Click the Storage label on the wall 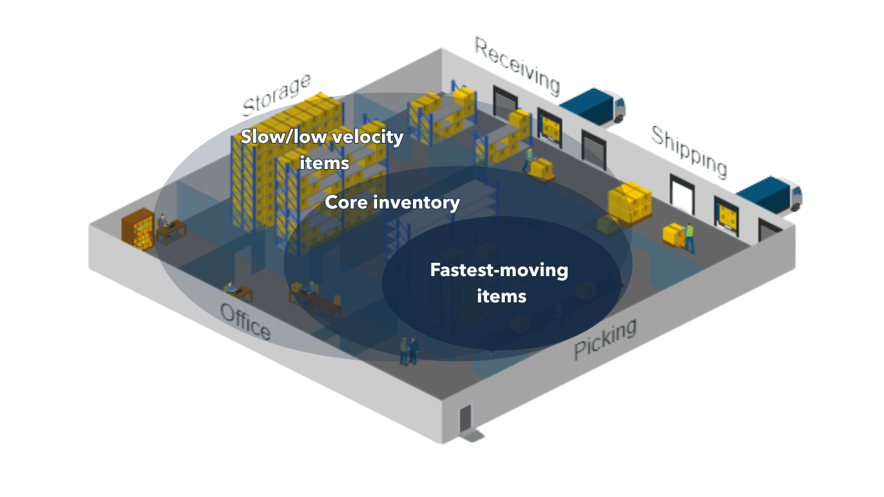276,95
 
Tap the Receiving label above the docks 516,66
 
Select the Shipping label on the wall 689,152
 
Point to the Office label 245,322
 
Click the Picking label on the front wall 605,339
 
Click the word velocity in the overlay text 367,137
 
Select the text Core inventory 392,202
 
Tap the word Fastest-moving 499,269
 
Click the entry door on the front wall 465,418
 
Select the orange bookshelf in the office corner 137,226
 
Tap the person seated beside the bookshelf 164,222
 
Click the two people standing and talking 408,350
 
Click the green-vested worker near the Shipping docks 689,236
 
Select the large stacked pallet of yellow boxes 629,202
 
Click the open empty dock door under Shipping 682,193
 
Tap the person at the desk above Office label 231,287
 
